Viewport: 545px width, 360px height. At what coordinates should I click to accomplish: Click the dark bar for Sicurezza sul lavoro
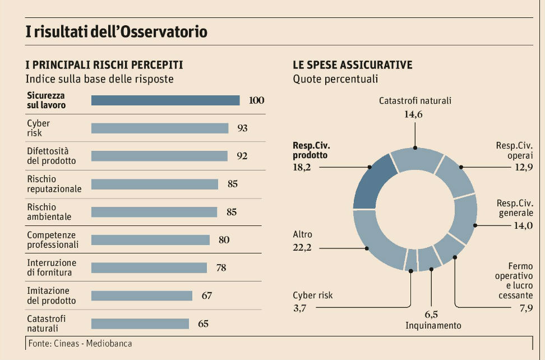point(165,100)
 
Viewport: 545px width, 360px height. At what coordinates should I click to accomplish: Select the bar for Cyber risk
point(160,128)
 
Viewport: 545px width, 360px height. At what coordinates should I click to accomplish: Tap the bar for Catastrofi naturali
point(140,324)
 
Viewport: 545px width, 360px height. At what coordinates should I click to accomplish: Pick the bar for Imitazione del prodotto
point(142,296)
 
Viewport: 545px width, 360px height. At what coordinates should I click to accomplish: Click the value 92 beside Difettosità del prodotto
point(242,156)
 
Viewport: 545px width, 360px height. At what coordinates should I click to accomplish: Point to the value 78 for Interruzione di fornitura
point(221,267)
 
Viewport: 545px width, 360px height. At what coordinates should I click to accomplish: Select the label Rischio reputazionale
point(54,184)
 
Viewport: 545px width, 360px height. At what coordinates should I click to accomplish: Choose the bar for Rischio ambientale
point(154,212)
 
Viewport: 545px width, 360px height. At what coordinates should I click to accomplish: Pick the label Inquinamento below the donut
point(433,325)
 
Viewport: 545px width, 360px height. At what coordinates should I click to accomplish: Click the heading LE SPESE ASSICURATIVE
point(353,65)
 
